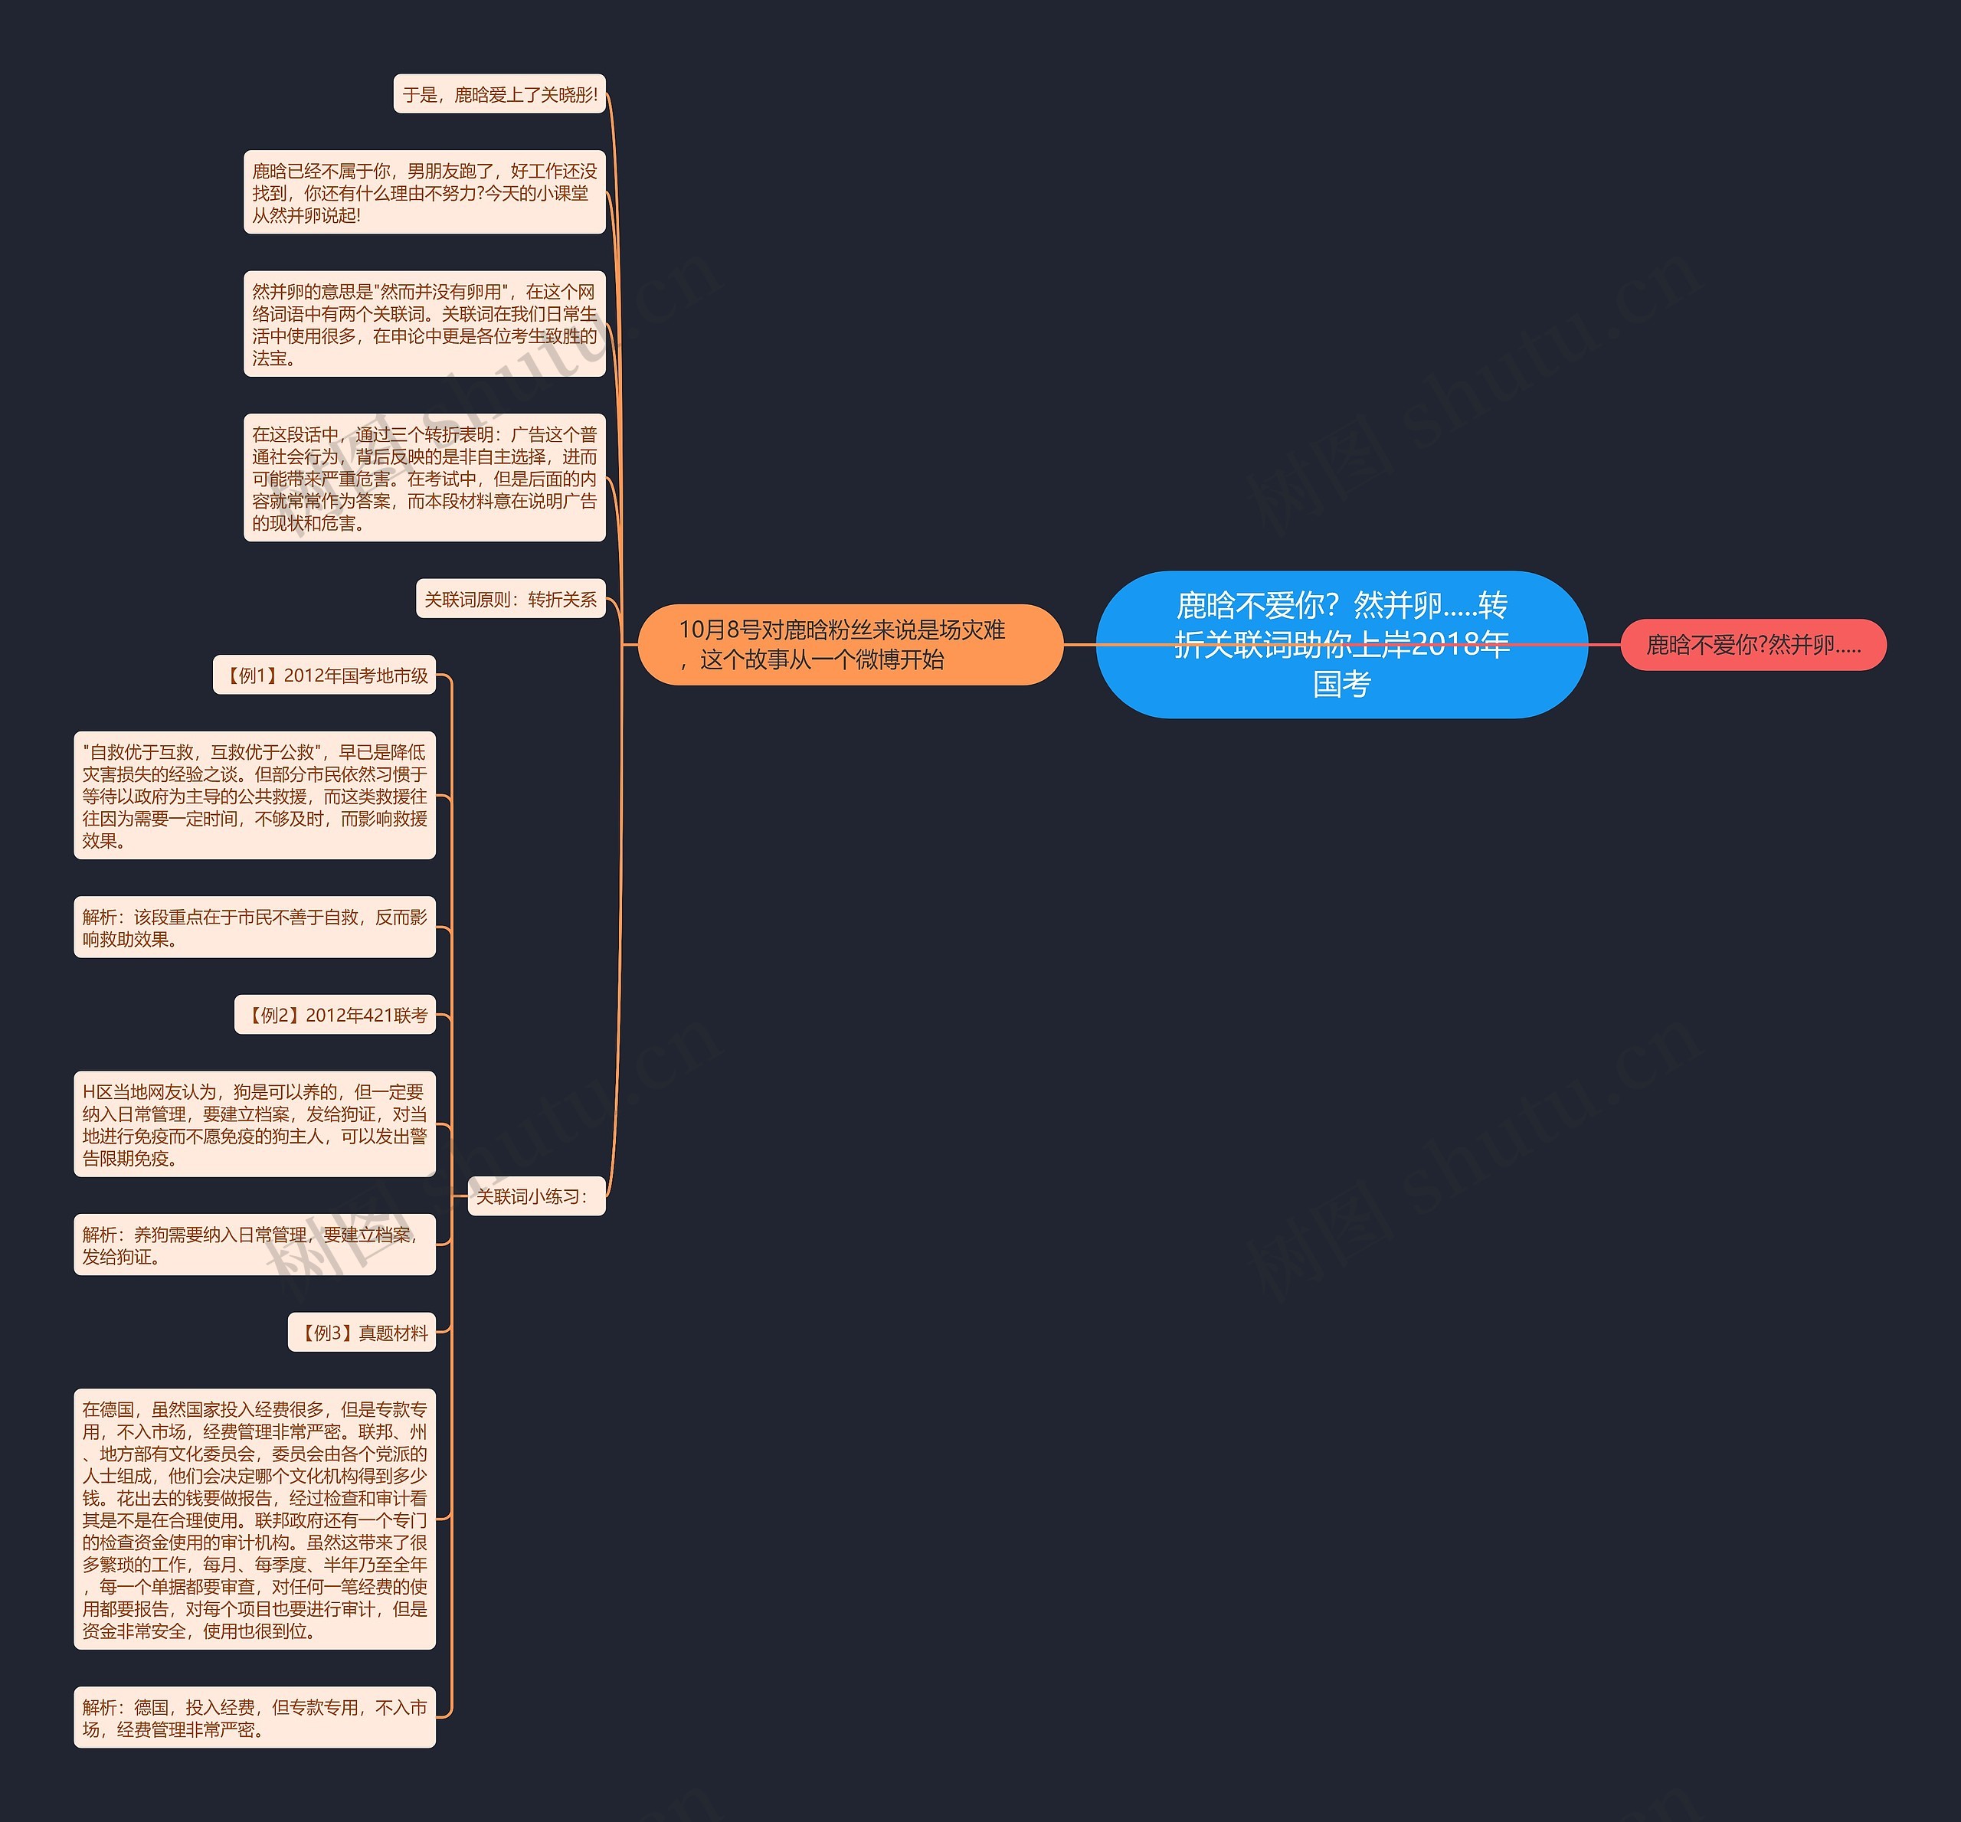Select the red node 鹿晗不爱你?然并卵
tap(1753, 645)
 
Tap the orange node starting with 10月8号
tap(850, 645)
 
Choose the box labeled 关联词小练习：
tap(535, 1196)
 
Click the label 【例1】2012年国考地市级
tap(324, 675)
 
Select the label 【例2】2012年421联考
tap(336, 1015)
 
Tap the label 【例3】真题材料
tap(362, 1333)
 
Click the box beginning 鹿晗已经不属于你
tap(424, 192)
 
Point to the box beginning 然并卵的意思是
tap(424, 325)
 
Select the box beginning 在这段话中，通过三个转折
tap(424, 478)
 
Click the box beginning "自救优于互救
tap(254, 796)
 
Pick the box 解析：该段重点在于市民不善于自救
tap(254, 927)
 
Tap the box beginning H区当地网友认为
tap(254, 1124)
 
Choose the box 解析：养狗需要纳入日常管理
tap(254, 1245)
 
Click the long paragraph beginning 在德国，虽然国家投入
tap(254, 1519)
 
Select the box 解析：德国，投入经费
tap(254, 1718)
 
